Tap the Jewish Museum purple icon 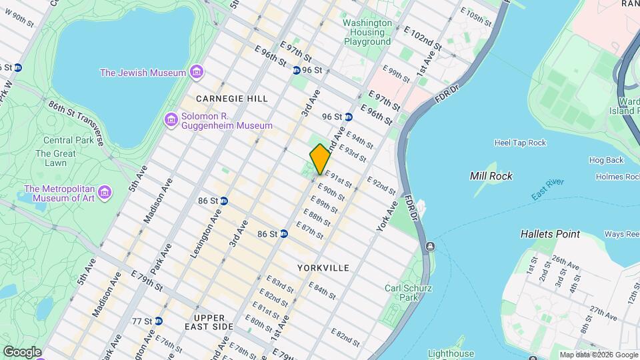[195, 72]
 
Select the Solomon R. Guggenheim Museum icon [171, 119]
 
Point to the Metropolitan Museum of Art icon [105, 193]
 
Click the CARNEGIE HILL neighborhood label [232, 99]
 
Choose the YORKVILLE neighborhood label [323, 268]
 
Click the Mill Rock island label [491, 176]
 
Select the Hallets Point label [550, 234]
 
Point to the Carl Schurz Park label [409, 293]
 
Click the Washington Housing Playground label [367, 32]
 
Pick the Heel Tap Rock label [520, 143]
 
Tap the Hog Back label [606, 160]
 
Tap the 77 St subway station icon [158, 321]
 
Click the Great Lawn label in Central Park [51, 158]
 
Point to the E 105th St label [481, 17]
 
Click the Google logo [22, 351]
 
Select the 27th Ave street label [603, 313]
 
